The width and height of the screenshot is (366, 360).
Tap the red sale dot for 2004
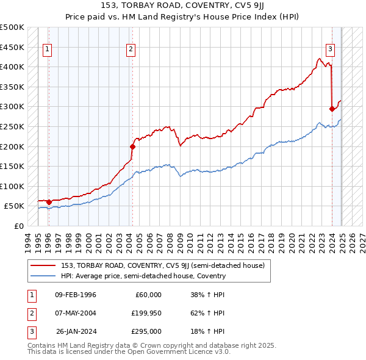pyautogui.click(x=132, y=146)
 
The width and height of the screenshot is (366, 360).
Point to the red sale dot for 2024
pyautogui.click(x=332, y=109)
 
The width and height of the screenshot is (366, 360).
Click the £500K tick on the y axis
pyautogui.click(x=12, y=27)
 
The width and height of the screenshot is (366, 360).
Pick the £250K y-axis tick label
pyautogui.click(x=12, y=126)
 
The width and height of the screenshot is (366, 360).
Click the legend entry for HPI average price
pyautogui.click(x=143, y=276)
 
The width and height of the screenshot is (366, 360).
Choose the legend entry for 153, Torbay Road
pyautogui.click(x=162, y=265)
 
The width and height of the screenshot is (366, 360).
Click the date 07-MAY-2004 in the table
pyautogui.click(x=76, y=313)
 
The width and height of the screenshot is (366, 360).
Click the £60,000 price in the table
pyautogui.click(x=148, y=295)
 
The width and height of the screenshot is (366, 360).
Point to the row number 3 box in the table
pyautogui.click(x=30, y=331)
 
